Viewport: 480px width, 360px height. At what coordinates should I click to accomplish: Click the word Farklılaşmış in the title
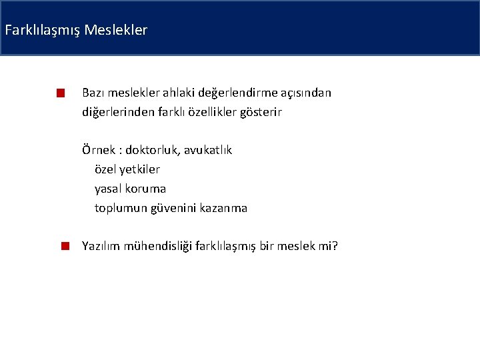[x=43, y=30]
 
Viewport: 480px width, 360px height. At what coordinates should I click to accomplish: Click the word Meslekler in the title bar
[x=116, y=30]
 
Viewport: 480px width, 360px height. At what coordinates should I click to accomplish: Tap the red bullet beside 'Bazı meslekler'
[x=60, y=93]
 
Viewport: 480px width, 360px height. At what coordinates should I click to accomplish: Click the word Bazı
[x=93, y=93]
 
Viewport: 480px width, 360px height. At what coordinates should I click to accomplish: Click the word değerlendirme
[x=231, y=93]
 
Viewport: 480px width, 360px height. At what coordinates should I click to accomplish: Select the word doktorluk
[x=151, y=150]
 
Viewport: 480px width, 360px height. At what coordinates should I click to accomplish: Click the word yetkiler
[x=141, y=169]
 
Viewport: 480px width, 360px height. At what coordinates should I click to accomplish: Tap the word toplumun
[x=122, y=208]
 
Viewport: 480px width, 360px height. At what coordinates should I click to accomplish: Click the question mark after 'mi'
[x=335, y=247]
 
